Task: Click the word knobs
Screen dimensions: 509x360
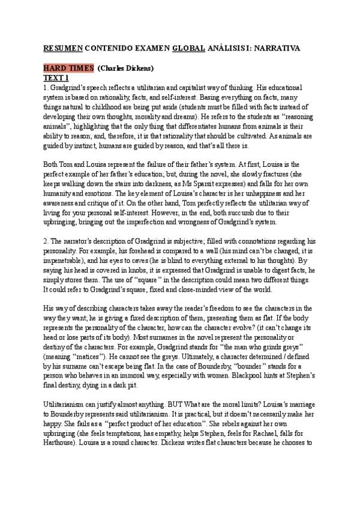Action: click(132, 255)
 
